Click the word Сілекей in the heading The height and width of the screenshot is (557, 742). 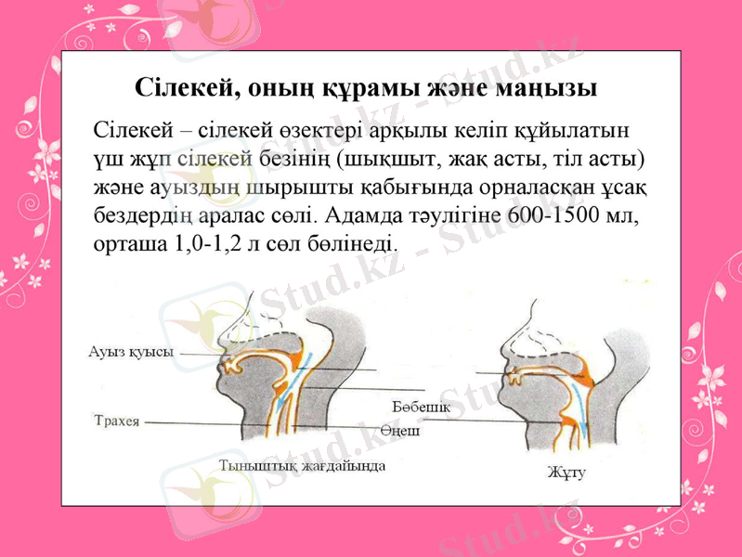180,89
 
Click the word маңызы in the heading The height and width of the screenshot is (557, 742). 546,89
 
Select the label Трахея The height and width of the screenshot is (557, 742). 117,420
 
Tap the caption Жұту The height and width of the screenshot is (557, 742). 566,473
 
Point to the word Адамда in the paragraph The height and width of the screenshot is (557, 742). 365,217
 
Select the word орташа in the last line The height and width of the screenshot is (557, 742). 126,245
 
